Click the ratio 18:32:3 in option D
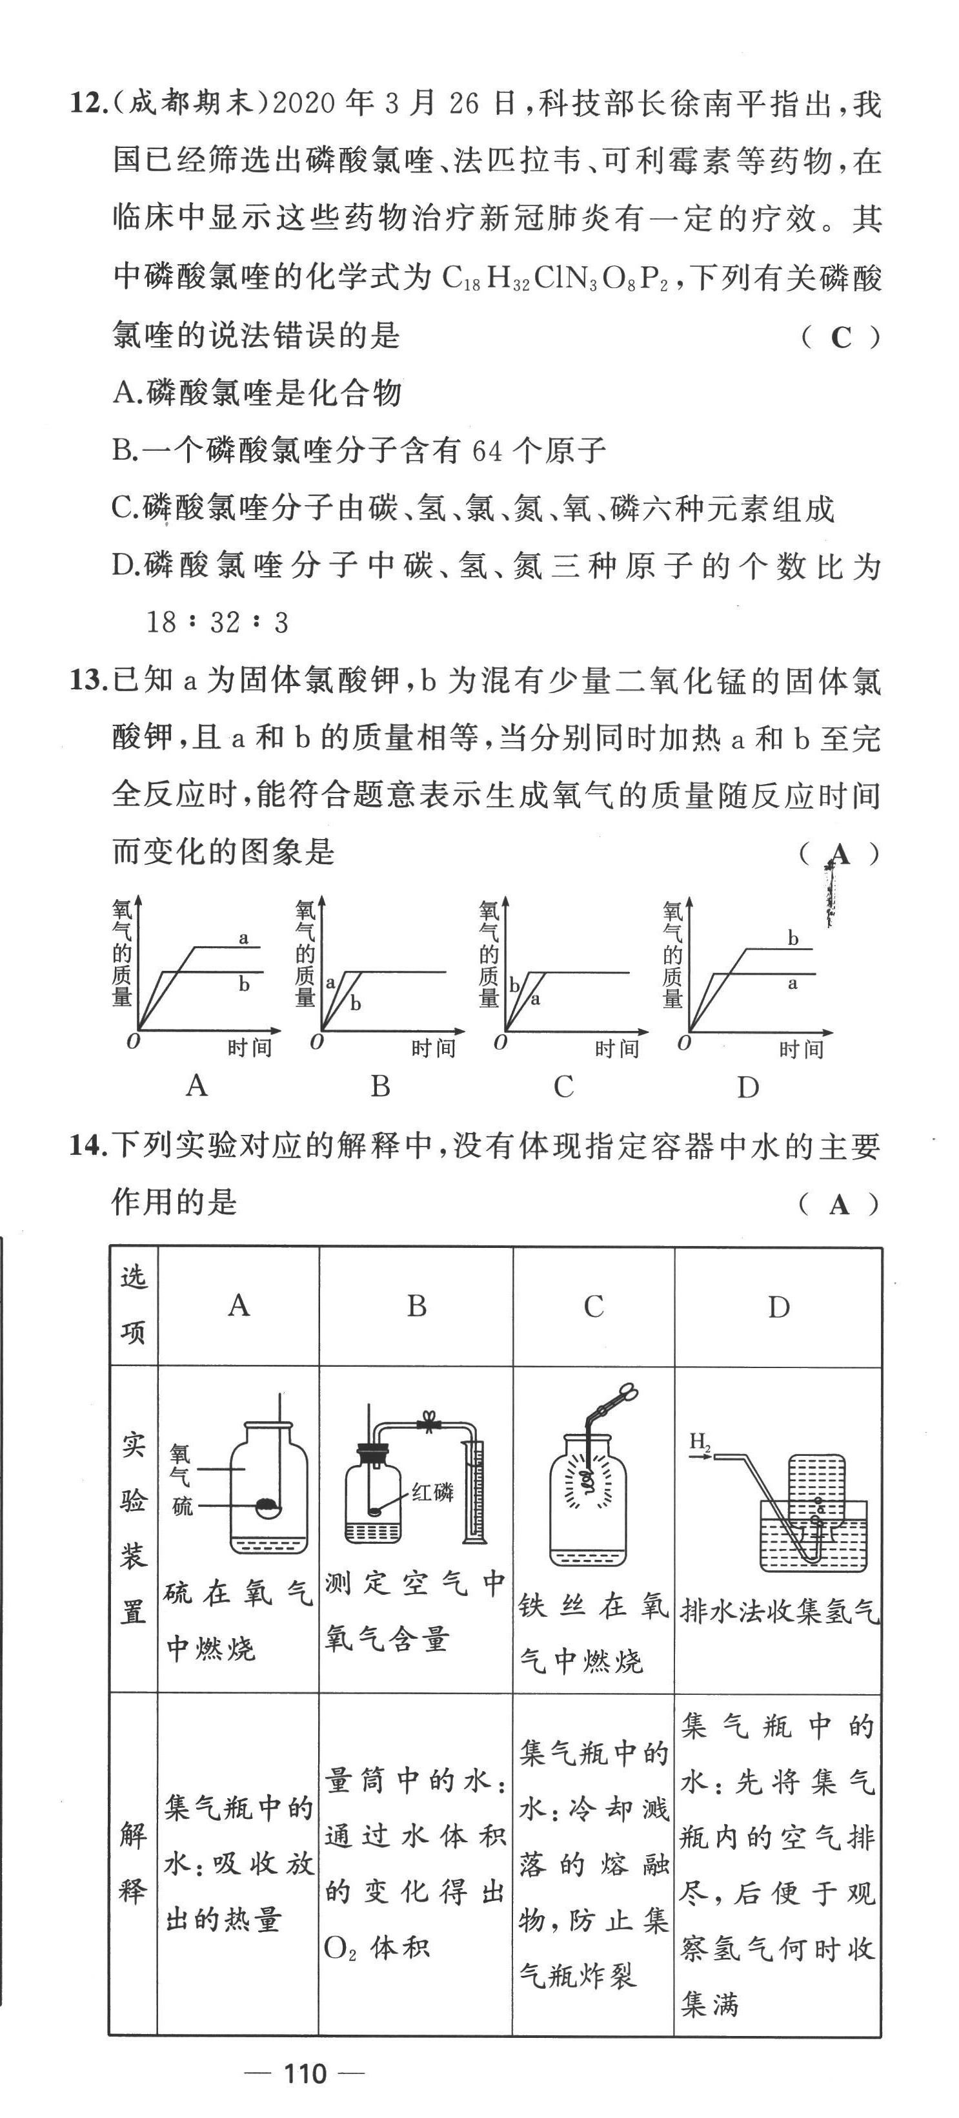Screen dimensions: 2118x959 (217, 623)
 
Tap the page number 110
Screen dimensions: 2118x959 (305, 2073)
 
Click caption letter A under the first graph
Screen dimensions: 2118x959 (196, 1086)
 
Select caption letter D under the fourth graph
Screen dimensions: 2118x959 (747, 1088)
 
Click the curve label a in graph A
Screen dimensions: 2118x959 (243, 937)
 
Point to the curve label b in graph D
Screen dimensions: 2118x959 (793, 938)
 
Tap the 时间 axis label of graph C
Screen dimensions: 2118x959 (617, 1048)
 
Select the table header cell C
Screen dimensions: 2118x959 (593, 1305)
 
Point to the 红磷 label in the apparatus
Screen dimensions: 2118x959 (432, 1491)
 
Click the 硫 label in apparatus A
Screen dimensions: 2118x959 (183, 1506)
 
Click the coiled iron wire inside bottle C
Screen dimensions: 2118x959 (587, 1480)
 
